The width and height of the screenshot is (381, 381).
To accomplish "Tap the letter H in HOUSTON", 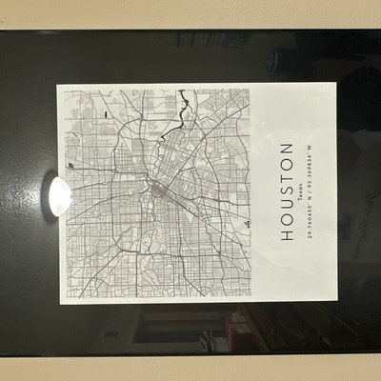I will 287,236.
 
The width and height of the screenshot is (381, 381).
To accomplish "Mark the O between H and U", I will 287,222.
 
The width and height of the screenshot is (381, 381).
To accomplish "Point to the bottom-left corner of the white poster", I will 63,302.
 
